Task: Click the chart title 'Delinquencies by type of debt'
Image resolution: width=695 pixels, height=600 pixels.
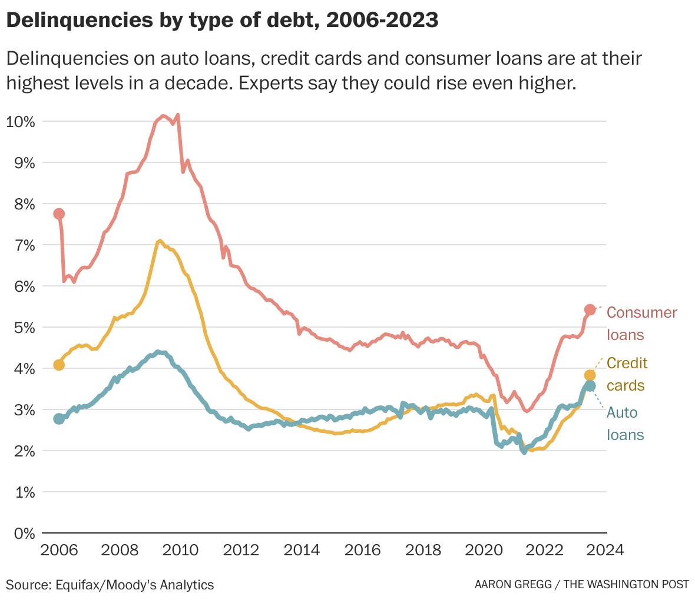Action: tap(222, 21)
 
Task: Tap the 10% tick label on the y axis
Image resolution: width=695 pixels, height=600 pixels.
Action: tap(21, 122)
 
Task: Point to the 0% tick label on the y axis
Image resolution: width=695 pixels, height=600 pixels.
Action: tap(24, 533)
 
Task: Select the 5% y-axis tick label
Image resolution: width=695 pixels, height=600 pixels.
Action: tap(24, 327)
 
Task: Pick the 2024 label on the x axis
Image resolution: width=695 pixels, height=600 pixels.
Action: tap(604, 551)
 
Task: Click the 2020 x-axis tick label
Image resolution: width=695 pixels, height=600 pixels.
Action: tap(483, 551)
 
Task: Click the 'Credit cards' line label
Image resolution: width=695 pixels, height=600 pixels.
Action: tap(626, 374)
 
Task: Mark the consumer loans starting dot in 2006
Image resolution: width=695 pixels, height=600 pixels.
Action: tap(59, 214)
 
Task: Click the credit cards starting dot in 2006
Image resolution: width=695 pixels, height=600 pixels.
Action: tap(59, 365)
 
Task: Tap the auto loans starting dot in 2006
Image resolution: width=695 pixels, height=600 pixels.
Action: tap(59, 419)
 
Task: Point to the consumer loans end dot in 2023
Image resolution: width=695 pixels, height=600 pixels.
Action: tap(590, 309)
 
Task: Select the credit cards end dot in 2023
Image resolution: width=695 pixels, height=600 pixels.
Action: tap(590, 375)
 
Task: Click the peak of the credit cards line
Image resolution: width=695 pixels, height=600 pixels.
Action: tap(159, 241)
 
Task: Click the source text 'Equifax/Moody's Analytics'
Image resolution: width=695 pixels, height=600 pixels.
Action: tap(134, 585)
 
